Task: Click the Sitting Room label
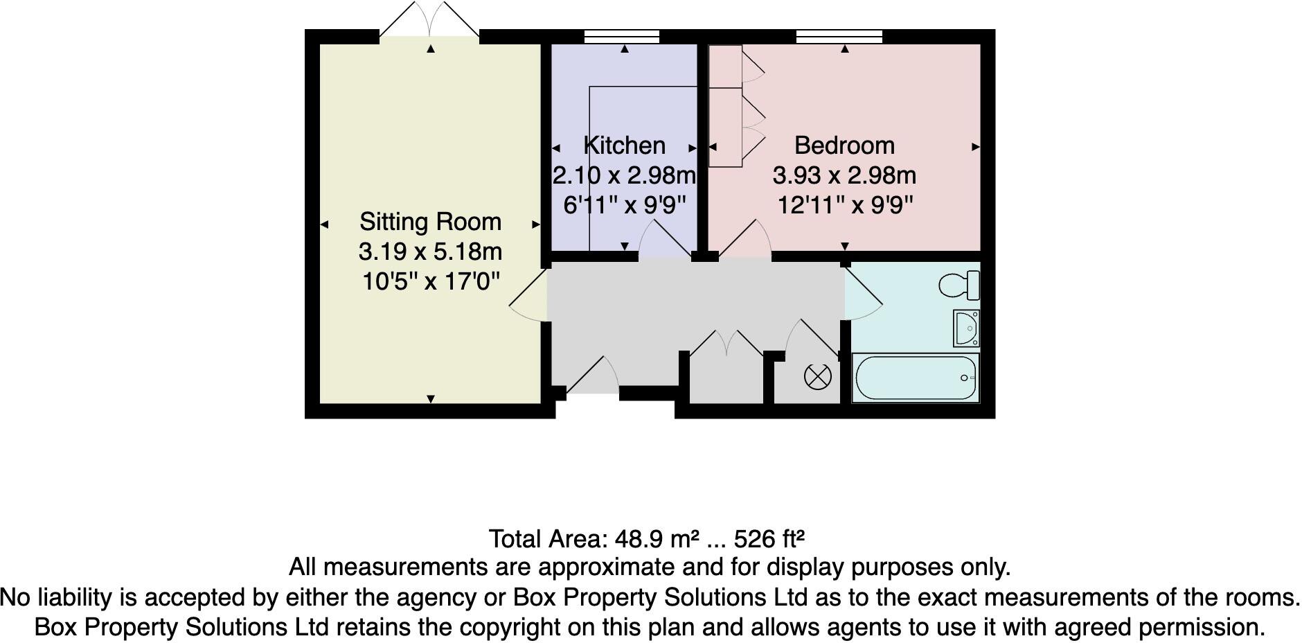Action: tap(430, 222)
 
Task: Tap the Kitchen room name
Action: tap(625, 146)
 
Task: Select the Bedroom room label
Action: tap(844, 146)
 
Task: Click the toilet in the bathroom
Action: tap(959, 284)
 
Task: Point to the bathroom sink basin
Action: tap(965, 328)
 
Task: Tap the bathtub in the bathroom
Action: tap(915, 378)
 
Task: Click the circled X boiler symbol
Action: tap(817, 377)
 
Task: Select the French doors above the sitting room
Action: tap(429, 21)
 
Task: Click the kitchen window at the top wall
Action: tap(621, 37)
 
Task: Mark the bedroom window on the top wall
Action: tap(839, 37)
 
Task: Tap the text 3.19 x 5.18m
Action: tap(430, 252)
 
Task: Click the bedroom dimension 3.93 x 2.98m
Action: tap(844, 176)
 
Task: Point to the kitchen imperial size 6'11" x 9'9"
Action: tap(625, 206)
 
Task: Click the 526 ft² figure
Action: tap(769, 538)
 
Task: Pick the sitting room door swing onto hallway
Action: tap(528, 298)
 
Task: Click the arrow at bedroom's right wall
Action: tap(975, 147)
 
